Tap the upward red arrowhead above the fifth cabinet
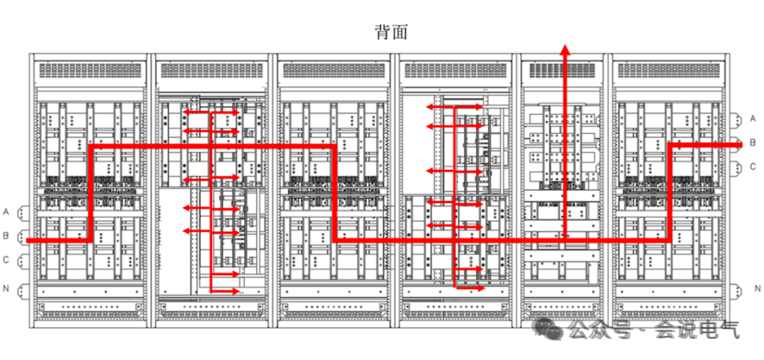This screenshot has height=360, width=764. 565,50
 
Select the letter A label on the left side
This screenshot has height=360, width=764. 6,211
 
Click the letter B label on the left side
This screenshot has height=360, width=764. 6,236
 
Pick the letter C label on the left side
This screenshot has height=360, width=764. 6,260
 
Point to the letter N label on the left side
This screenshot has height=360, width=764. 6,289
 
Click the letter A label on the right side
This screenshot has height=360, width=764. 753,118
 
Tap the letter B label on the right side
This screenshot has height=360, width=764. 753,142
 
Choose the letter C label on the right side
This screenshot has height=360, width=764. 753,167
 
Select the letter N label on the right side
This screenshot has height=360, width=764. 756,289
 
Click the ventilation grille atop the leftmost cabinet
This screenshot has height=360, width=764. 89,70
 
